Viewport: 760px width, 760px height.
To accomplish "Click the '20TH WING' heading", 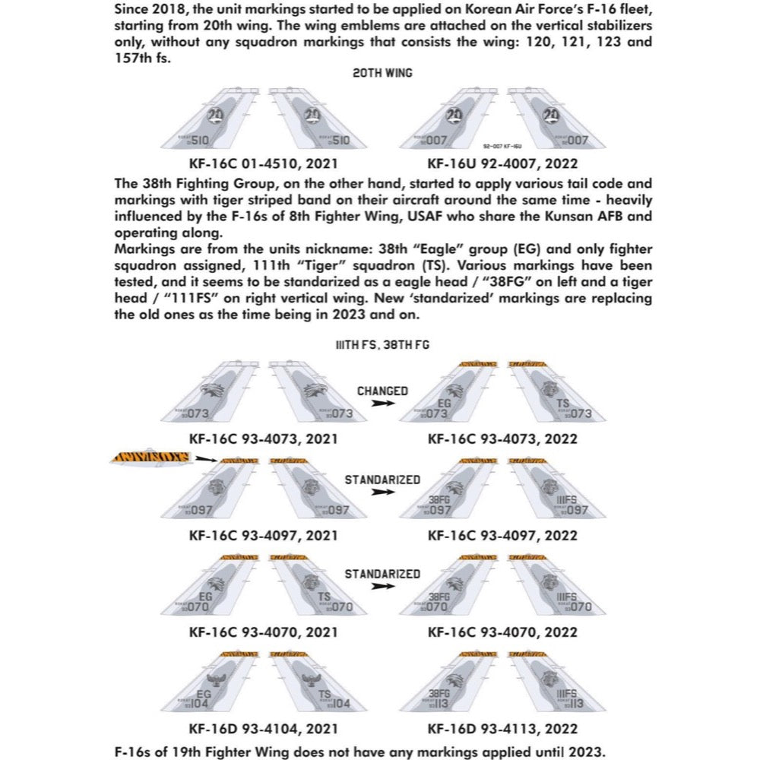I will click(x=382, y=73).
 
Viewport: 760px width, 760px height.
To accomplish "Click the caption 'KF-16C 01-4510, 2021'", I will click(x=264, y=163).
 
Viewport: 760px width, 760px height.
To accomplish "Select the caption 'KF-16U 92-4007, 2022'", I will click(x=502, y=163).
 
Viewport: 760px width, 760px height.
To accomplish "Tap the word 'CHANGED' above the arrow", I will click(x=382, y=391).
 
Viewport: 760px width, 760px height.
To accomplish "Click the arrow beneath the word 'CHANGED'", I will click(x=385, y=404).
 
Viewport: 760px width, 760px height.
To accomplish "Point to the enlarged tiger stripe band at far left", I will click(x=150, y=458).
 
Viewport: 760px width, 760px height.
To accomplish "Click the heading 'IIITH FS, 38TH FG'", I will click(x=382, y=344).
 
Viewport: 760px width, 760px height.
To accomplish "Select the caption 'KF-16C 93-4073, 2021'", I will click(x=264, y=439).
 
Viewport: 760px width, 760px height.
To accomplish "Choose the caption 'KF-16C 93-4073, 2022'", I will click(x=502, y=439).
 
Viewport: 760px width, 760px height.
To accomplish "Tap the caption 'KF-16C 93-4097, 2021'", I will click(x=264, y=535).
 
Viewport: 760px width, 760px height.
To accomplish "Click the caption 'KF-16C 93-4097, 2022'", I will click(x=502, y=535).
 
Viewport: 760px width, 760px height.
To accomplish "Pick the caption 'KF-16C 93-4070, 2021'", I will click(x=264, y=632).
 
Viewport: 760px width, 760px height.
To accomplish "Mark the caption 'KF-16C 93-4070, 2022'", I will click(x=502, y=632).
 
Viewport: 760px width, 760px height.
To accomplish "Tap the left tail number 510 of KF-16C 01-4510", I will click(x=198, y=141).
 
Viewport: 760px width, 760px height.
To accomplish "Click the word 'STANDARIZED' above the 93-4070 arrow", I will click(x=382, y=574).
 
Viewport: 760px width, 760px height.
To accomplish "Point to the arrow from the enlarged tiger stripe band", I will click(x=204, y=458).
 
